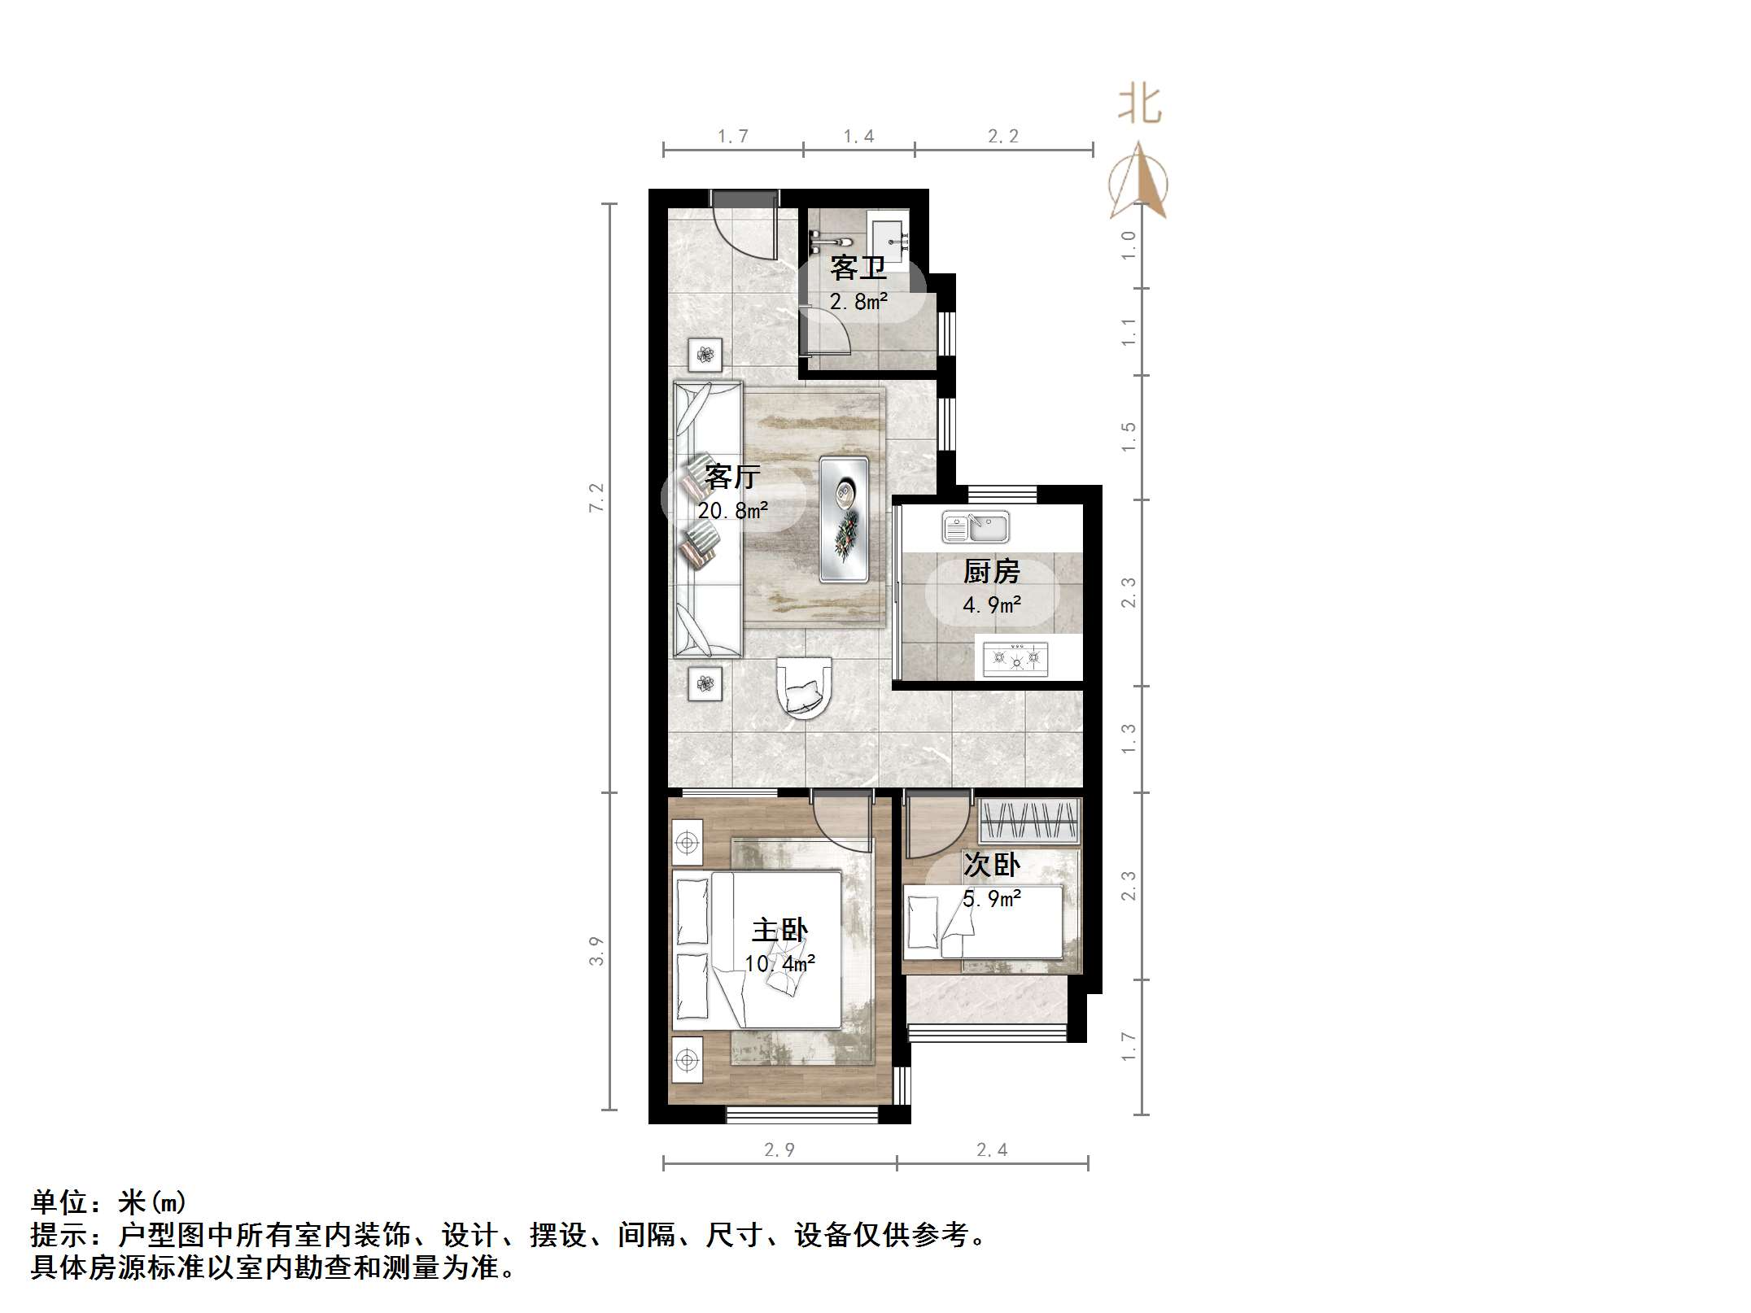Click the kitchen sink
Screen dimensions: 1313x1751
coord(976,527)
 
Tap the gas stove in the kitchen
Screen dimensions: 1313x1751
coord(1015,658)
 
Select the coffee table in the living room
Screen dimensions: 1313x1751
coord(844,519)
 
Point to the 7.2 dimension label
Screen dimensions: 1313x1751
coord(596,497)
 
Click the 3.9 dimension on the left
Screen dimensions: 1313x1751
coord(596,951)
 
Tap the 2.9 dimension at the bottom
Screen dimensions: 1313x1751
coord(779,1149)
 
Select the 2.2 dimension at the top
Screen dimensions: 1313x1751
coord(1003,137)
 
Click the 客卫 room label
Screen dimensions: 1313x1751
coord(858,268)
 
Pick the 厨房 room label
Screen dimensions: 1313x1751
coord(991,572)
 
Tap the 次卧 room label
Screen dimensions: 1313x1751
coord(991,865)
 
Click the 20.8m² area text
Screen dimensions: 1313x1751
coord(732,511)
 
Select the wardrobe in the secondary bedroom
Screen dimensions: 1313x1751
coord(1029,820)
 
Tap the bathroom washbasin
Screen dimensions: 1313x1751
coord(889,238)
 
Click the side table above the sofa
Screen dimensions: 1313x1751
coord(705,355)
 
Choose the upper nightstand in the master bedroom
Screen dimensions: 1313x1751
coord(688,843)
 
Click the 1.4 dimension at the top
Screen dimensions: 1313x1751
coord(858,137)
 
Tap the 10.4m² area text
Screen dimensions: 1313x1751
coord(779,964)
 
